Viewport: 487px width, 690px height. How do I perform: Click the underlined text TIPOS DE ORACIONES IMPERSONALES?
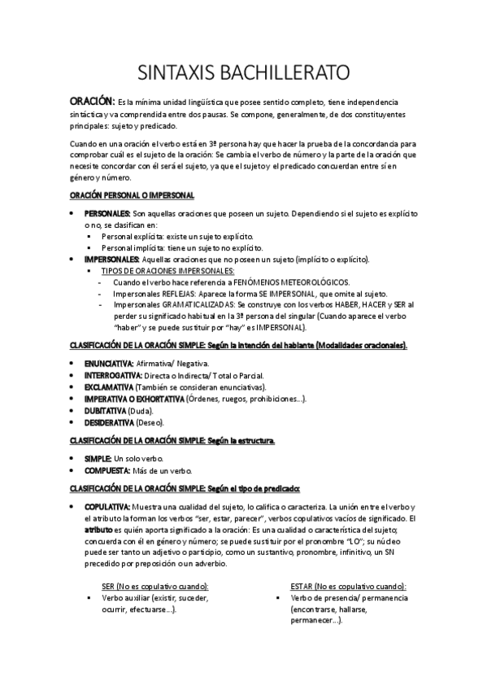click(167, 270)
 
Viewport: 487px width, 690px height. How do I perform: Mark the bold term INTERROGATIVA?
click(113, 375)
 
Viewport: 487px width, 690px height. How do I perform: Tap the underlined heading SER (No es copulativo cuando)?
click(154, 586)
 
